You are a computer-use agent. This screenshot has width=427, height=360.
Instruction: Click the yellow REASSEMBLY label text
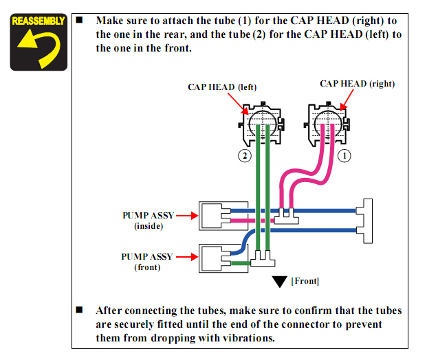coord(38,21)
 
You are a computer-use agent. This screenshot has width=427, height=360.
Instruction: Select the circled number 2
coord(244,156)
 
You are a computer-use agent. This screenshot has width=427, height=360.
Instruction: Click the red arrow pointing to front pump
coord(186,258)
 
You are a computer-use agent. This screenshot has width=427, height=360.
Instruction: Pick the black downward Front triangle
coord(279,281)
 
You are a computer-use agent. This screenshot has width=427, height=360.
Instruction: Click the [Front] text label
coord(305,281)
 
